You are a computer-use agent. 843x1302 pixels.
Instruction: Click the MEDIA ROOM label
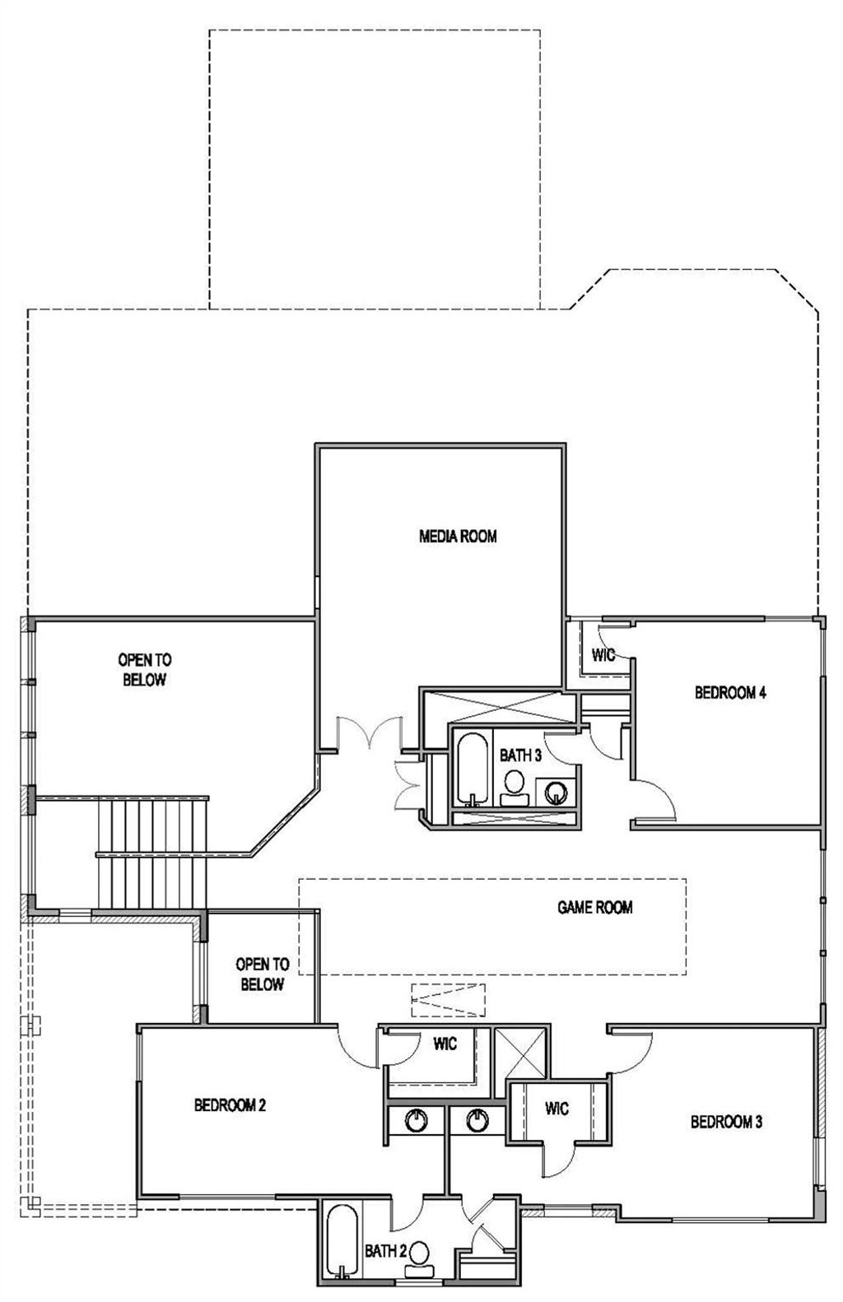pyautogui.click(x=458, y=536)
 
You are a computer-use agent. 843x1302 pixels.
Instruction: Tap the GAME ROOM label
pyautogui.click(x=594, y=907)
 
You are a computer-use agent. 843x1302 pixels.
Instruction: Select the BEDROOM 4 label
pyautogui.click(x=730, y=692)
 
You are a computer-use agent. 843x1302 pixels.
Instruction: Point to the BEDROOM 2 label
pyautogui.click(x=230, y=1105)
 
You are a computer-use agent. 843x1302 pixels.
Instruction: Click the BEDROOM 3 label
pyautogui.click(x=726, y=1122)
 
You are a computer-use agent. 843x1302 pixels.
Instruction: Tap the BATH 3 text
pyautogui.click(x=520, y=755)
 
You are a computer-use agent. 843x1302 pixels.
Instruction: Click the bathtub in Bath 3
pyautogui.click(x=472, y=769)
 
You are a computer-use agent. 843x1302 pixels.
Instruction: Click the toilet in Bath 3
pyautogui.click(x=514, y=788)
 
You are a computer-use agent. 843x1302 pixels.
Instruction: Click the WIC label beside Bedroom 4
pyautogui.click(x=603, y=655)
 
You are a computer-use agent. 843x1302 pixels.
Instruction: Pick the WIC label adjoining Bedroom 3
pyautogui.click(x=557, y=1108)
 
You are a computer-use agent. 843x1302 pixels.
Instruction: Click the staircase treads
pyautogui.click(x=152, y=853)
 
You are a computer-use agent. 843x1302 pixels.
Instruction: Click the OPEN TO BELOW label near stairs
pyautogui.click(x=145, y=670)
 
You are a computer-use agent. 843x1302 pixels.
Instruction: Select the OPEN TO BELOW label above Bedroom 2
pyautogui.click(x=262, y=974)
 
